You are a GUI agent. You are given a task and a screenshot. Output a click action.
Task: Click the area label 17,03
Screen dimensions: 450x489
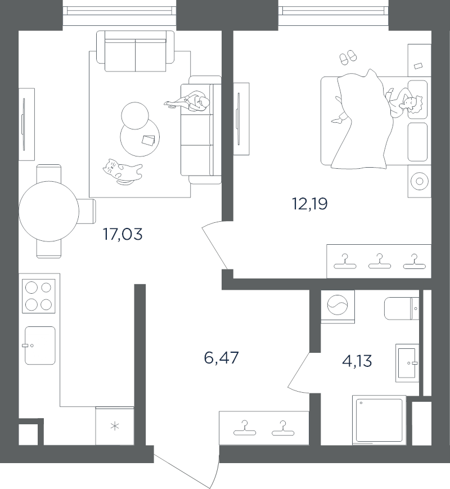click(123, 234)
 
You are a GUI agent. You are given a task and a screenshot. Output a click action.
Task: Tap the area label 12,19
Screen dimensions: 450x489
click(310, 204)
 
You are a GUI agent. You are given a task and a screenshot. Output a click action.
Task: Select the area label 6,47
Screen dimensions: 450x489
click(221, 357)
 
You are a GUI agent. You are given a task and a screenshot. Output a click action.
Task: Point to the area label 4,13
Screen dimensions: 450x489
click(357, 361)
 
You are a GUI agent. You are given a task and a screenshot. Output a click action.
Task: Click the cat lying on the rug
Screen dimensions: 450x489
click(123, 171)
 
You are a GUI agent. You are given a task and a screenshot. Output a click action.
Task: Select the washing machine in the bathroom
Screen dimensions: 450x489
click(337, 307)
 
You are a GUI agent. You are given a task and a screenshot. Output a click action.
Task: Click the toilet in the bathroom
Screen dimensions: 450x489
click(402, 308)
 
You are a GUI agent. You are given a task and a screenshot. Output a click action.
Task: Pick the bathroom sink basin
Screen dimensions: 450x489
click(407, 363)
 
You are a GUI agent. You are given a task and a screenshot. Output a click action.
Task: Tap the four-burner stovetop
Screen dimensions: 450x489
click(39, 296)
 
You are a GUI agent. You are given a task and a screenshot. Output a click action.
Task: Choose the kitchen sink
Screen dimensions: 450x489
click(40, 346)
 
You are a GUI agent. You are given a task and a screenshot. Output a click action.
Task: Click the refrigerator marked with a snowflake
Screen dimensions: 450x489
click(115, 426)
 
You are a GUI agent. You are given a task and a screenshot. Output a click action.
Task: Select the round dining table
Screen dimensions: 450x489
click(49, 211)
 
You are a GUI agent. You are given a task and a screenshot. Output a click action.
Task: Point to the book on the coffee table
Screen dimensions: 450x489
click(148, 140)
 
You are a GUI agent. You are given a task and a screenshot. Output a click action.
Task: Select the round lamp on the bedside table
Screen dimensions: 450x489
click(420, 181)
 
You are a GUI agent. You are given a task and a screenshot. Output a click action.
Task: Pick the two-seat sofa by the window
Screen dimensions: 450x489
click(136, 51)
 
